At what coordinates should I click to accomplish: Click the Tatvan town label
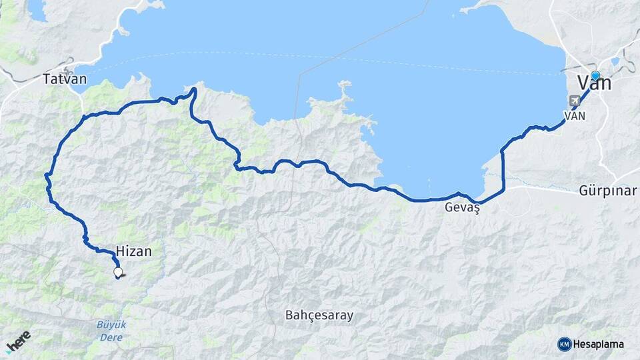[x=65, y=79]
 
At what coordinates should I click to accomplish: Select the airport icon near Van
[x=574, y=101]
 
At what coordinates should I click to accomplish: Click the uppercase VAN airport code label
[x=575, y=115]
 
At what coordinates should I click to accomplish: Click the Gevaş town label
[x=463, y=208]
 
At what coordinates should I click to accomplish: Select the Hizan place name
[x=134, y=251]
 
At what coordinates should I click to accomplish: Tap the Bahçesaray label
[x=319, y=315]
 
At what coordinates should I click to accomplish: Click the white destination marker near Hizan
[x=118, y=272]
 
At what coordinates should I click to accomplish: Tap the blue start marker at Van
[x=595, y=76]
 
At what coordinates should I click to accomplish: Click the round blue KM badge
[x=564, y=344]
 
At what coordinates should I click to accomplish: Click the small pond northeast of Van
[x=615, y=63]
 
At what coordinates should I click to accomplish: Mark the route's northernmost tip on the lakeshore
[x=194, y=89]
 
